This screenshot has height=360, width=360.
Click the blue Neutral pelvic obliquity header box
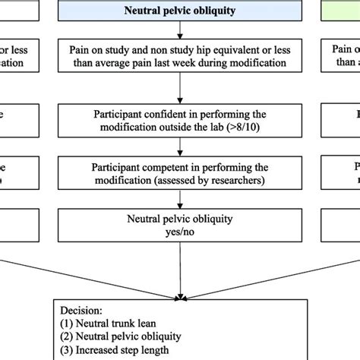(181, 11)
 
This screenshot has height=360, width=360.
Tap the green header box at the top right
(346, 11)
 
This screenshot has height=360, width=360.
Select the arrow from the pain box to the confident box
(181, 87)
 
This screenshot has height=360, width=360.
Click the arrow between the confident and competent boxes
(181, 144)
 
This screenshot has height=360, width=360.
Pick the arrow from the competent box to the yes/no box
(181, 198)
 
